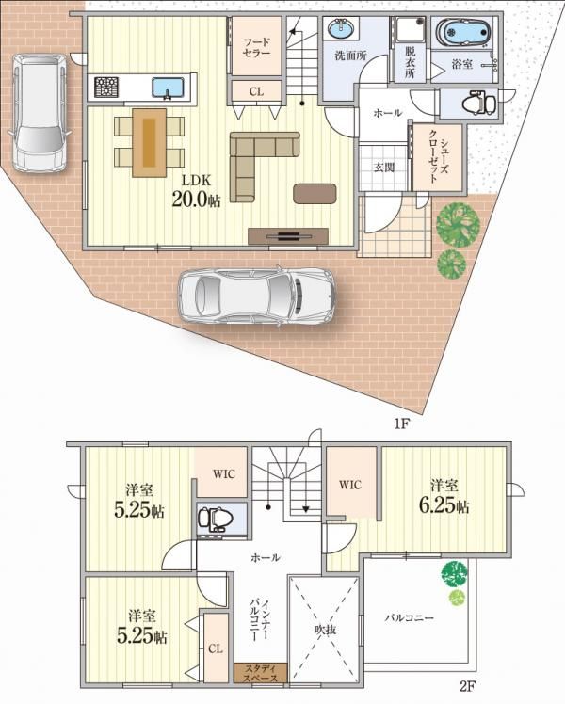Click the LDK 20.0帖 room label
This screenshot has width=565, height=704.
(x=196, y=191)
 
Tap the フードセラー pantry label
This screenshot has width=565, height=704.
(x=256, y=48)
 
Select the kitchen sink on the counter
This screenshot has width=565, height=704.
(x=168, y=88)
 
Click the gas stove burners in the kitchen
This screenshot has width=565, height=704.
(x=106, y=88)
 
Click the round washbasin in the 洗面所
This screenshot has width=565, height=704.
(x=341, y=30)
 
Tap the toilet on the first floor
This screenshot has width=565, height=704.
(x=478, y=104)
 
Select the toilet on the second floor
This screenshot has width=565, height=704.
(x=216, y=519)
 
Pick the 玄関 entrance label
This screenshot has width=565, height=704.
(x=384, y=168)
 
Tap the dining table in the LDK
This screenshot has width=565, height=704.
(x=150, y=142)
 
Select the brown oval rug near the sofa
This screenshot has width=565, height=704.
(x=315, y=194)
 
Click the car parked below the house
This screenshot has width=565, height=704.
(x=257, y=296)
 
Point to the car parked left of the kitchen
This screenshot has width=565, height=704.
(x=40, y=112)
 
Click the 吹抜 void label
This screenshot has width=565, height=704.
(x=324, y=630)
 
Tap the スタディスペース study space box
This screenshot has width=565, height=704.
(x=261, y=673)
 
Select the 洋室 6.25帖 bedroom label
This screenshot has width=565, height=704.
(x=444, y=496)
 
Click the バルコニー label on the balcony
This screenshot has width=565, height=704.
(x=409, y=618)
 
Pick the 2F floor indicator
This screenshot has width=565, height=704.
(x=467, y=686)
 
